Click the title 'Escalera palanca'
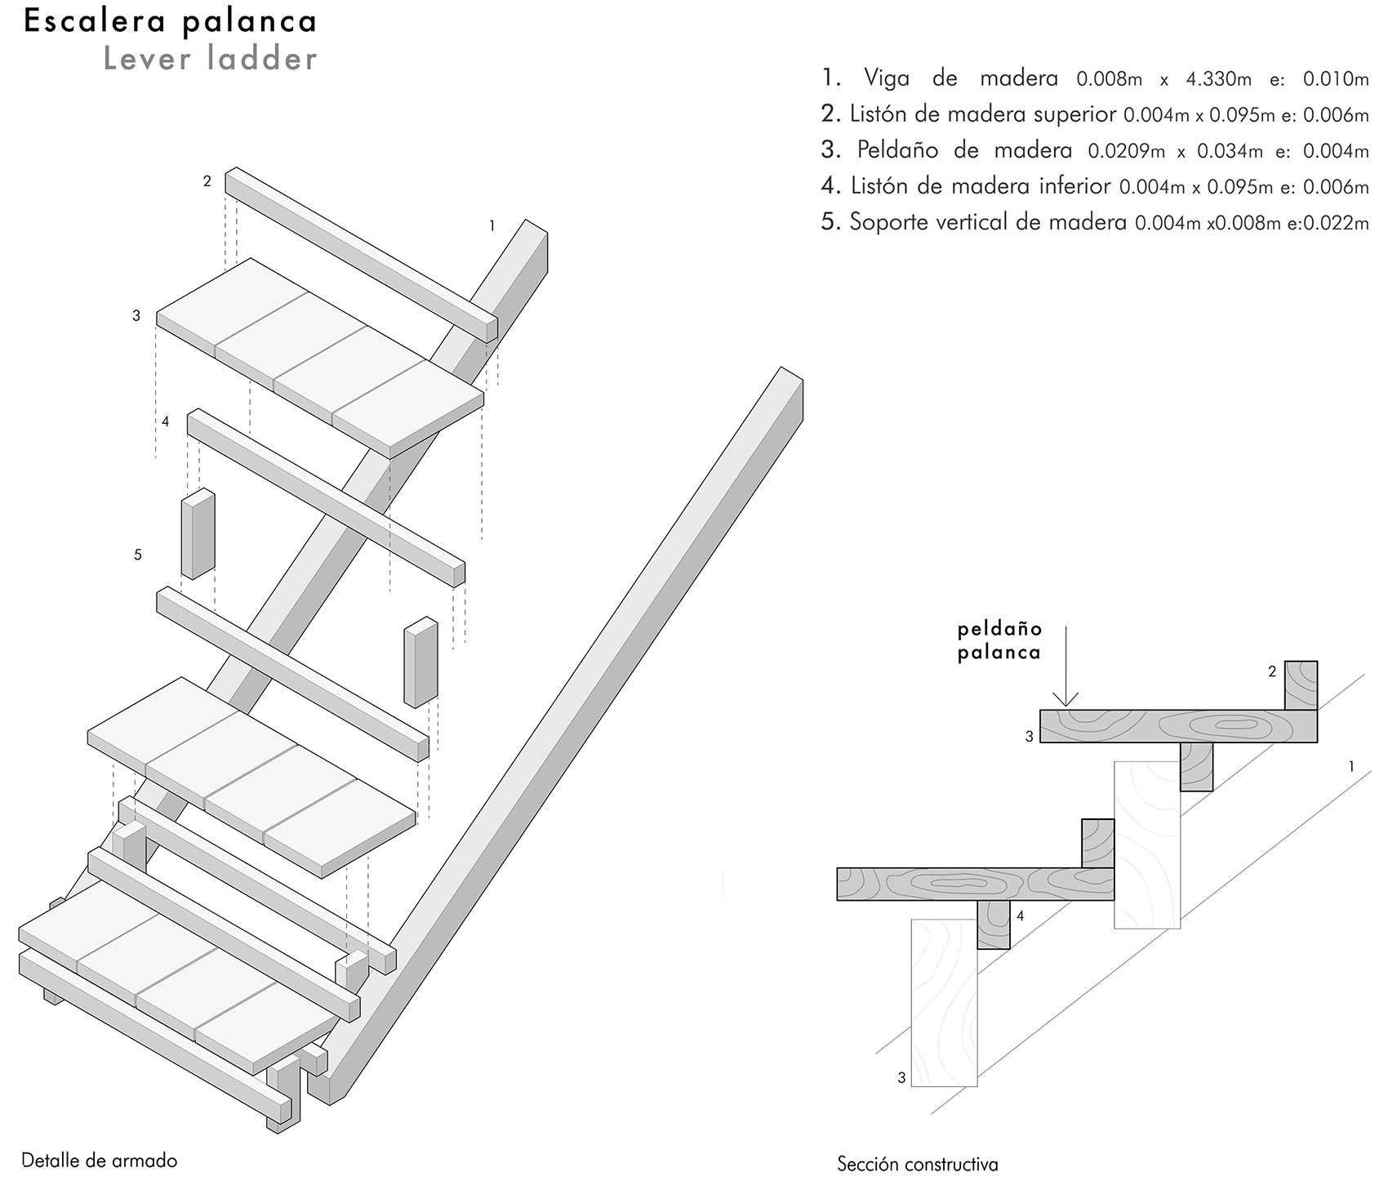coord(171,22)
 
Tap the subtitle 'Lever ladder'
coord(211,59)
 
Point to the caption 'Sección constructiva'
coord(918,1164)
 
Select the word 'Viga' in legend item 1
coord(886,79)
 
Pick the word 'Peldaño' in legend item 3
coord(898,150)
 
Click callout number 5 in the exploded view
coord(137,555)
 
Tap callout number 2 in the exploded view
coord(207,181)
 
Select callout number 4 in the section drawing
coord(1021,916)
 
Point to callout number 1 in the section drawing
coord(1352,766)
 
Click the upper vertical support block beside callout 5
coord(198,534)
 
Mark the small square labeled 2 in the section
coord(1301,684)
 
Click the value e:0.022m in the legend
coord(1328,223)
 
